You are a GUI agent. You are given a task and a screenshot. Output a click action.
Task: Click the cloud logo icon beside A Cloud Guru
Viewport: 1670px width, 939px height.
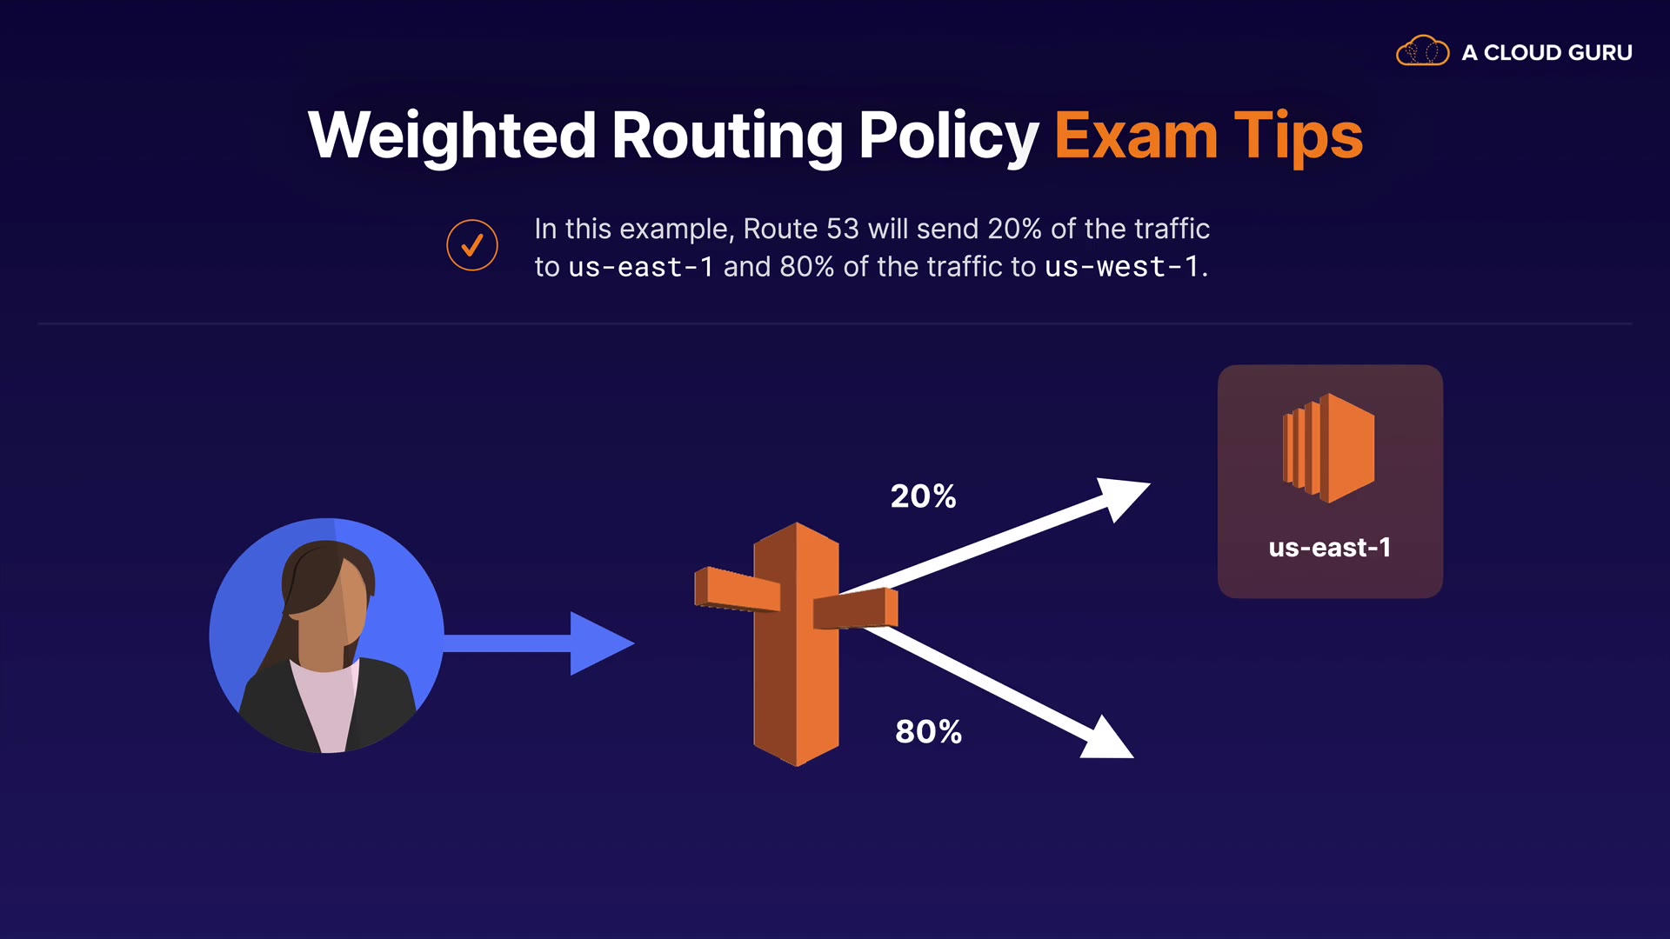[x=1422, y=51]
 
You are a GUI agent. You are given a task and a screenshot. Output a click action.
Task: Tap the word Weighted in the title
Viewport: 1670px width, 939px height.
[x=451, y=136]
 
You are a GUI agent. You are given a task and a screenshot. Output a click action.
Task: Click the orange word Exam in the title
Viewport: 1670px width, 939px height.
[x=1136, y=136]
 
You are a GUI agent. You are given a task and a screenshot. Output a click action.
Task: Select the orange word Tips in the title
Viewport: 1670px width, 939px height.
[x=1298, y=136]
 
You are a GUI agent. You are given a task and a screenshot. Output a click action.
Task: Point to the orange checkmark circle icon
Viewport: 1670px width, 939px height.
[x=472, y=245]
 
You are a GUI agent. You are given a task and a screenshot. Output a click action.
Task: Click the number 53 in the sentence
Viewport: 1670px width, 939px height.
[x=842, y=229]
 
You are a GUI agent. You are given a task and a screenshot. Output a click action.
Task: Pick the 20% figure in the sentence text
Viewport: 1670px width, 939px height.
[x=1014, y=229]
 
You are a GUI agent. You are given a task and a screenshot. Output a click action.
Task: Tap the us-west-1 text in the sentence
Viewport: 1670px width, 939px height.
[x=1121, y=267]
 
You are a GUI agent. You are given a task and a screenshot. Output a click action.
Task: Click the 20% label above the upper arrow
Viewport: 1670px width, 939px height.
[x=923, y=496]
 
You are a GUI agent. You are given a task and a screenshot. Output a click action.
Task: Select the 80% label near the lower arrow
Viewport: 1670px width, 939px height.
[x=928, y=732]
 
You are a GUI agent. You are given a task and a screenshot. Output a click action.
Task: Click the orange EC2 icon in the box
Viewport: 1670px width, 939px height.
[x=1329, y=448]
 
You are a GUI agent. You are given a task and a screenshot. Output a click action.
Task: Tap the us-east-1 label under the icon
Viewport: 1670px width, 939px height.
[x=1329, y=548]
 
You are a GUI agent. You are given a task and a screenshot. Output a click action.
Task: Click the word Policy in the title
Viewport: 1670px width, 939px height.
[x=948, y=136]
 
